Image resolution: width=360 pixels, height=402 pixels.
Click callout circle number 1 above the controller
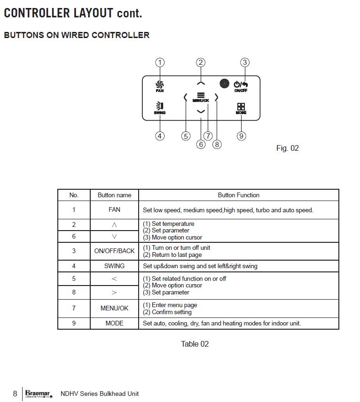point(160,62)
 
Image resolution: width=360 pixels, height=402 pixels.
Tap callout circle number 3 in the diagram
point(244,62)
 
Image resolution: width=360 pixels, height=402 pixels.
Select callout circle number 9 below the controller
point(241,136)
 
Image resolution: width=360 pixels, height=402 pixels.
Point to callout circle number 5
point(186,136)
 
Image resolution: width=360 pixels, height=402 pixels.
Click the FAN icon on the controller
point(160,85)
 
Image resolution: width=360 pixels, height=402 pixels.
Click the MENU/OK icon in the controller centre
point(201,96)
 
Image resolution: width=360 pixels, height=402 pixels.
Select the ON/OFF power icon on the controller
point(241,85)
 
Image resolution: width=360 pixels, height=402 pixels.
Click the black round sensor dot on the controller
point(224,83)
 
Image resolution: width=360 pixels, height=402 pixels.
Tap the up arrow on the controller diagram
point(201,83)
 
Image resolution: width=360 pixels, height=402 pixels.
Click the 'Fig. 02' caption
point(287,148)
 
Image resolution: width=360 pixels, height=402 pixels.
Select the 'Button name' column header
point(114,195)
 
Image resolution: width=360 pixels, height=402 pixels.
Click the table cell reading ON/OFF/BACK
point(114,251)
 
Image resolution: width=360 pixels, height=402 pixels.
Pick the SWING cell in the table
point(114,266)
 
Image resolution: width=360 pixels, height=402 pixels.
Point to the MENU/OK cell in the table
point(114,309)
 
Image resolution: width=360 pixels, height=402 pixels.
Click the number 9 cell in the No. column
point(74,324)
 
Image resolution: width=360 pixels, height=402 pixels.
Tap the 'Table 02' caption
point(195,344)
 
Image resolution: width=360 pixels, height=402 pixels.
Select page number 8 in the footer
point(15,394)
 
